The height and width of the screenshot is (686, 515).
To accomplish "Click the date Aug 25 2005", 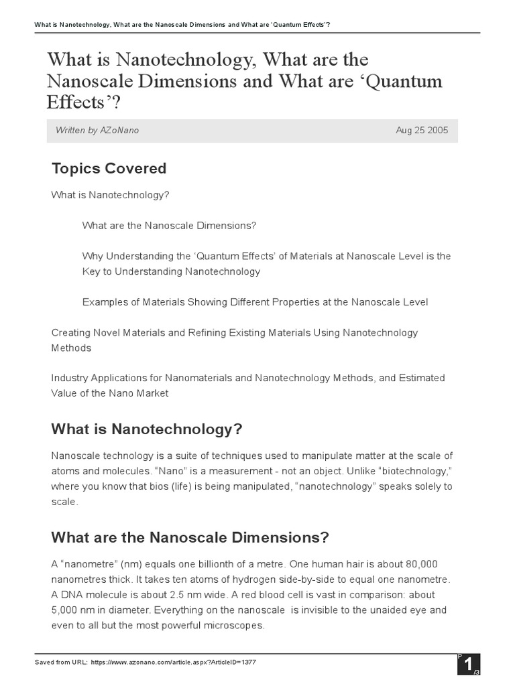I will [x=422, y=130].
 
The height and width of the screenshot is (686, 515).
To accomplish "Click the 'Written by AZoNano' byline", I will [x=98, y=130].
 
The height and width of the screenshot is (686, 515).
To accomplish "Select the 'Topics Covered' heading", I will [x=109, y=168].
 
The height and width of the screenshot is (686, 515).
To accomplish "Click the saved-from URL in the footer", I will [x=173, y=662].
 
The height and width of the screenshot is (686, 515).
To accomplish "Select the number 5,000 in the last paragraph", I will [x=68, y=610].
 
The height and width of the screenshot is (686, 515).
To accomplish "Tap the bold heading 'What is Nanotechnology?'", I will [x=146, y=429].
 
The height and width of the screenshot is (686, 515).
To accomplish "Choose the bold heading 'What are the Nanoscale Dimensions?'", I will [x=190, y=537].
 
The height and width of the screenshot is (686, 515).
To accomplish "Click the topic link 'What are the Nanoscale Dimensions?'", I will [x=169, y=226].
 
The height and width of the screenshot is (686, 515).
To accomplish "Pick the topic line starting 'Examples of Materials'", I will [x=255, y=302].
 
